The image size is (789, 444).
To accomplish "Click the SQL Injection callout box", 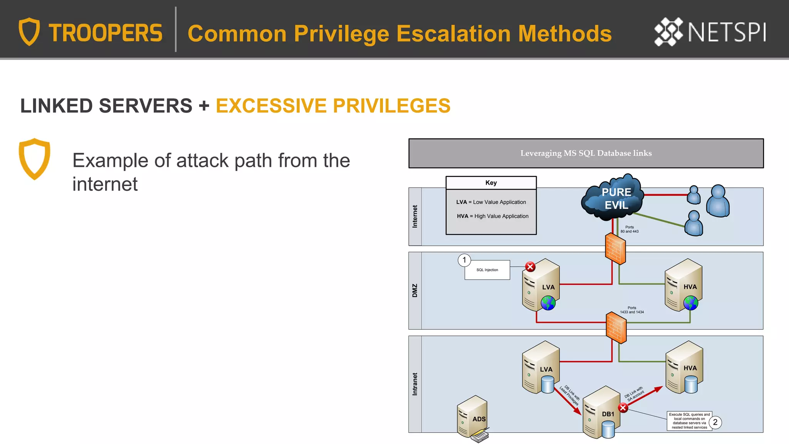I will point(487,270).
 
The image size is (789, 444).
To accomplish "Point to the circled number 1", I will point(464,260).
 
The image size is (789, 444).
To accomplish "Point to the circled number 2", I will point(715,422).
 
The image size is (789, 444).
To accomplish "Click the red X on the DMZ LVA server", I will point(530,267).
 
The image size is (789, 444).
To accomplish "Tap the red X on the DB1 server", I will point(623,408).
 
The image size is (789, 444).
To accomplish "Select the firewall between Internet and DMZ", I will point(615,249).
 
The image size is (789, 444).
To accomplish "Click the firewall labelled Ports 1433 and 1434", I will point(616,328).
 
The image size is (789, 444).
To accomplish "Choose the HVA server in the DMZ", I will point(683,285).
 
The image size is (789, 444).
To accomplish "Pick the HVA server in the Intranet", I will point(684,367).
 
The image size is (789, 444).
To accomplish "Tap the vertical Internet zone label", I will point(415,216).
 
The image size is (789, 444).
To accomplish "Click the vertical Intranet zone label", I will point(415,384).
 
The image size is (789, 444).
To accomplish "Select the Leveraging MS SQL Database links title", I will point(586,153).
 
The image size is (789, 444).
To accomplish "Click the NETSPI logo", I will point(710,32).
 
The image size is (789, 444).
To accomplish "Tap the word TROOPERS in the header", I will point(106,33).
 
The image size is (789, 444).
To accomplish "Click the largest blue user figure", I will point(718,201).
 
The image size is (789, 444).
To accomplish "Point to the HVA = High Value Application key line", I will point(493,216).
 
